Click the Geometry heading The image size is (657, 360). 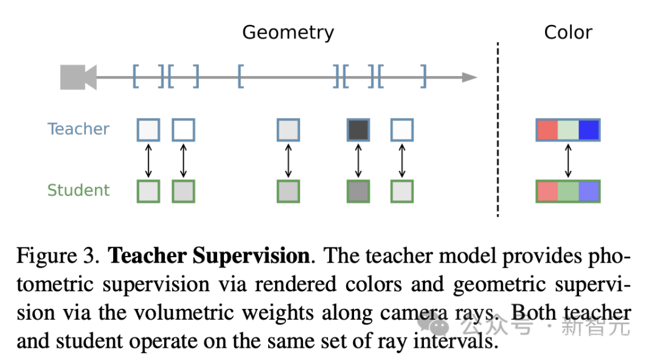tap(288, 32)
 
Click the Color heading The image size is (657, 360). tap(568, 32)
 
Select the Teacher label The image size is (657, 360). tap(78, 129)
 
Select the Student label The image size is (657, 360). tap(78, 190)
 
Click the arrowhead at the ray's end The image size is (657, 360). tap(469, 77)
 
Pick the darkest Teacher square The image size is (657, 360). tap(358, 130)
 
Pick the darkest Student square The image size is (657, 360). tap(358, 191)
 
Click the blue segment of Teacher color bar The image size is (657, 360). tap(589, 130)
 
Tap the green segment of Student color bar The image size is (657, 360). tap(568, 192)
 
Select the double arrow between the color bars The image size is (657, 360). tap(568, 161)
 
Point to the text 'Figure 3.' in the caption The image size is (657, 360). tap(58, 256)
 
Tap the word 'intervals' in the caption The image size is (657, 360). tap(451, 342)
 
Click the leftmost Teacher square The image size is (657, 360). tap(148, 130)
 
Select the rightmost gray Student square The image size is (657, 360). tap(401, 191)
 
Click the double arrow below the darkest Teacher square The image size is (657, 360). tap(358, 161)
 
